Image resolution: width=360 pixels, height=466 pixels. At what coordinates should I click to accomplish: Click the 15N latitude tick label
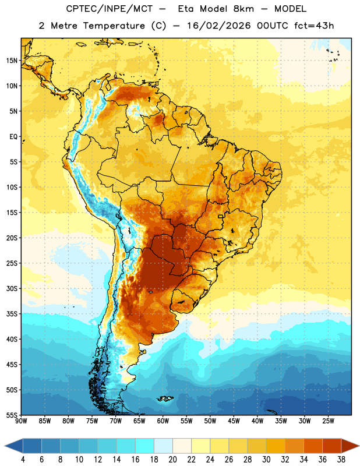[x=12, y=61]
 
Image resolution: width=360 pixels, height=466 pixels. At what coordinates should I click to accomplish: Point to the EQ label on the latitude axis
[x=13, y=137]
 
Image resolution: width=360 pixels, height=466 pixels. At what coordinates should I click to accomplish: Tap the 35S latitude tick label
[x=12, y=314]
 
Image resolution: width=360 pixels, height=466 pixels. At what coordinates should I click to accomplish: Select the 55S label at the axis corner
[x=12, y=415]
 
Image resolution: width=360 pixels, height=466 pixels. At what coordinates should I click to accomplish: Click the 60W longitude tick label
[x=163, y=421]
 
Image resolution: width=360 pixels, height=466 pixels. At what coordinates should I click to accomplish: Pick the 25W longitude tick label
[x=328, y=421]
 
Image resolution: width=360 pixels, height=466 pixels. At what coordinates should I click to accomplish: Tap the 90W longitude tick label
[x=21, y=421]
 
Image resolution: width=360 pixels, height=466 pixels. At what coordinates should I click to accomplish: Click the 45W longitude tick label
[x=234, y=421]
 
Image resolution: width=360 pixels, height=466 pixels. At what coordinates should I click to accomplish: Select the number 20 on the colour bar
[x=172, y=460]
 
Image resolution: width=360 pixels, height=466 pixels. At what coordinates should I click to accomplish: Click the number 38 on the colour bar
[x=341, y=460]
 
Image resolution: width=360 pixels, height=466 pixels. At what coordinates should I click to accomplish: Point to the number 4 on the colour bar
[x=23, y=460]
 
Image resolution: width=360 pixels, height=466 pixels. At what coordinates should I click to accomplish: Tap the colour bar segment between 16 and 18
[x=145, y=446]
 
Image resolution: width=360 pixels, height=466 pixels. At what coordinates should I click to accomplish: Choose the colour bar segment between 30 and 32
[x=276, y=446]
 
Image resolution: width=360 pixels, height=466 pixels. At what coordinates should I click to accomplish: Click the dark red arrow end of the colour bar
[x=350, y=446]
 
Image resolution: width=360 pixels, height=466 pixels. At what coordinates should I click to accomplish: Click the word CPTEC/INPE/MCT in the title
[x=110, y=9]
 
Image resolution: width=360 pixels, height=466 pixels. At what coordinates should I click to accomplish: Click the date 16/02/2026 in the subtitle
[x=219, y=26]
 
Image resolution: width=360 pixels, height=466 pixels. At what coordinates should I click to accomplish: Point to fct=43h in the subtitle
[x=314, y=26]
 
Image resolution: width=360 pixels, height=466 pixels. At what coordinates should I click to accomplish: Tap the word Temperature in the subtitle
[x=114, y=26]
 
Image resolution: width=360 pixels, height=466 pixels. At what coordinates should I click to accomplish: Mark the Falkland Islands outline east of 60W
[x=165, y=398]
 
